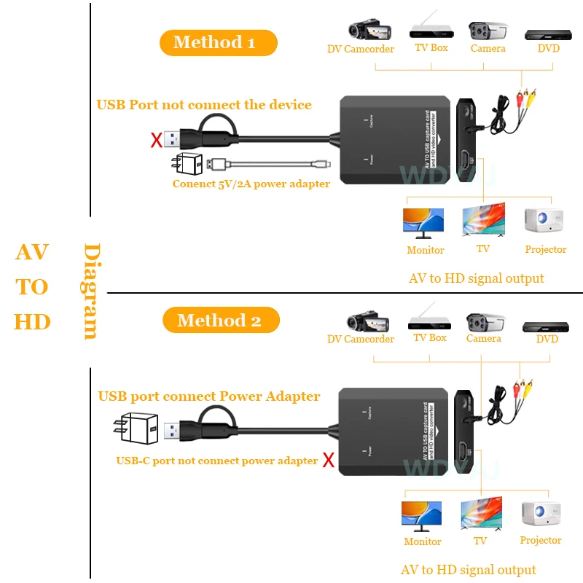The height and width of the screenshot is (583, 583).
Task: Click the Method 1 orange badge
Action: coord(218,42)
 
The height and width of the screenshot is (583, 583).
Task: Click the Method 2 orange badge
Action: coord(219,320)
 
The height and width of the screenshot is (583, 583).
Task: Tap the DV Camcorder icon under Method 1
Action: coord(362,30)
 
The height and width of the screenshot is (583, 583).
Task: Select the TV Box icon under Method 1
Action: coord(431,28)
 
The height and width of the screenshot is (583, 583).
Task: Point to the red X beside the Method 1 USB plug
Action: coord(156,141)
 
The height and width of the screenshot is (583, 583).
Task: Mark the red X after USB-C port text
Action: coord(329,460)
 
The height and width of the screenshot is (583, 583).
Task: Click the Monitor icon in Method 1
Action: coord(423,223)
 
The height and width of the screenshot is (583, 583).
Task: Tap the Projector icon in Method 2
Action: coord(541,514)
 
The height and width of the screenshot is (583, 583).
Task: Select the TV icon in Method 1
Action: coord(483,221)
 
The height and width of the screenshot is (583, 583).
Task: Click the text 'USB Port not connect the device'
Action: coord(204,105)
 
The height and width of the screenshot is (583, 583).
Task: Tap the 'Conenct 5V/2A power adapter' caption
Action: coord(251,184)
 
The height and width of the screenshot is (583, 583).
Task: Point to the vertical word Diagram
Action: coord(91,291)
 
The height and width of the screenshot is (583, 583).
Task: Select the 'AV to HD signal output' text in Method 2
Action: coord(468,570)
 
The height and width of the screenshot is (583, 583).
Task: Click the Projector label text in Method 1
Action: coord(545,250)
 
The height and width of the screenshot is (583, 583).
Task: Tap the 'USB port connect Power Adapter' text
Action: coord(209,396)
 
